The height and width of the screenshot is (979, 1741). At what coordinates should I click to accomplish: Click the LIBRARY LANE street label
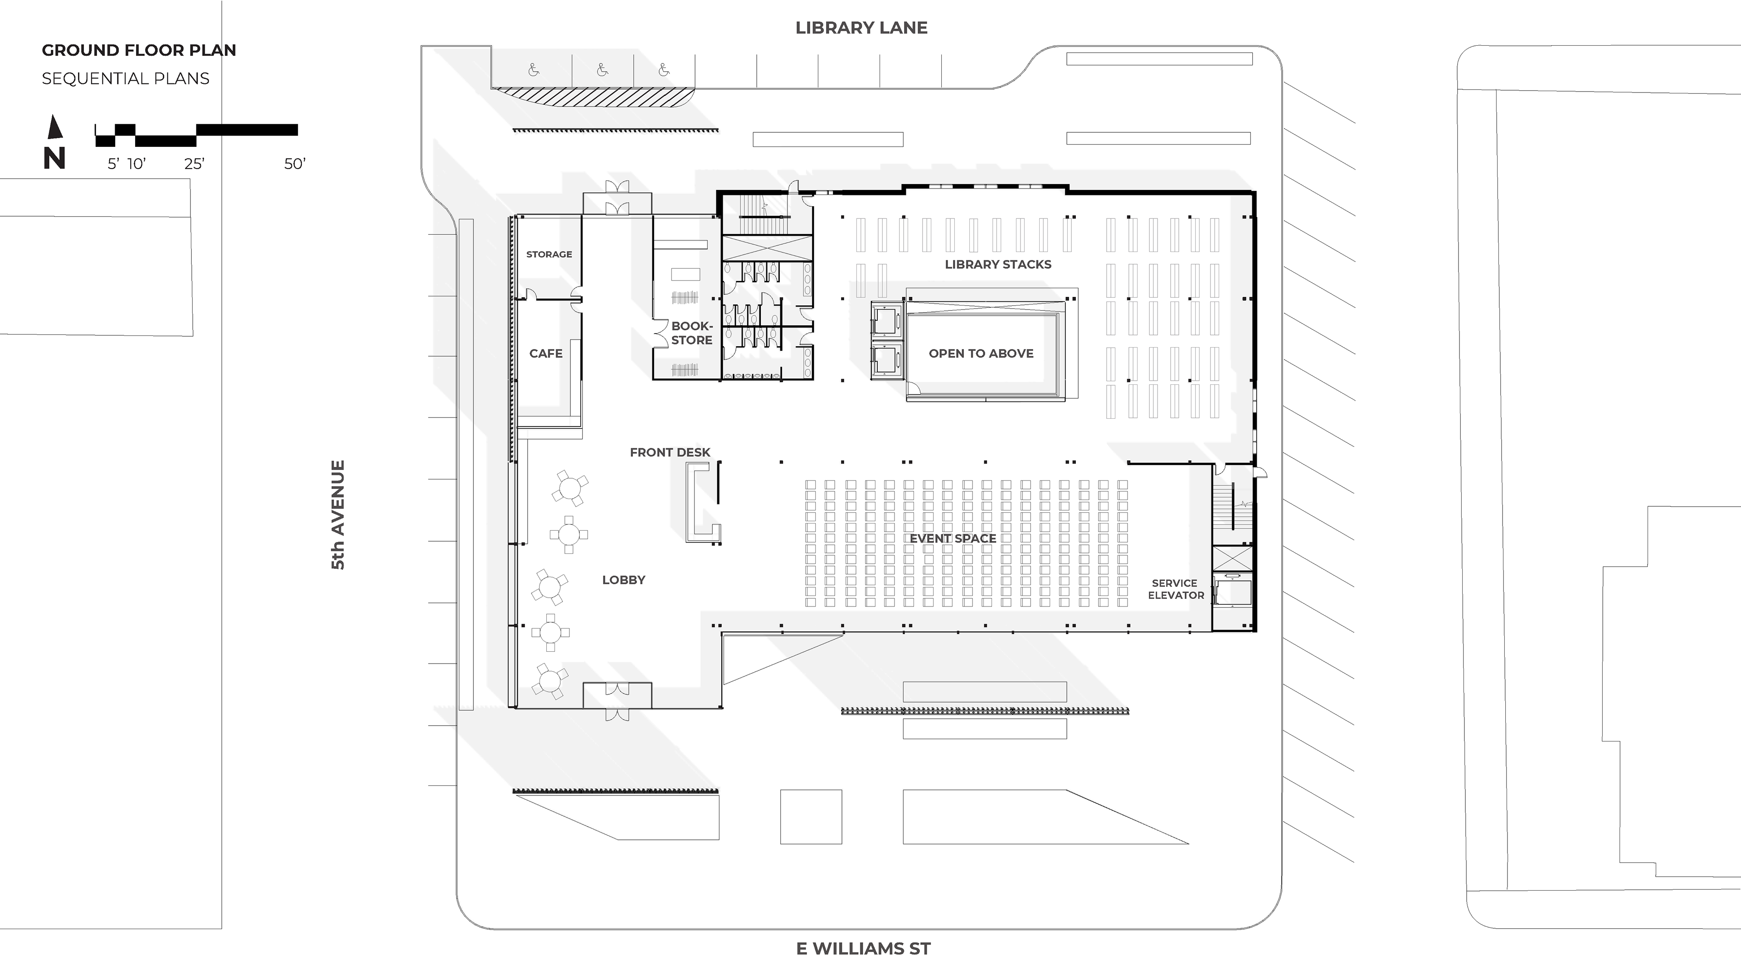pos(861,28)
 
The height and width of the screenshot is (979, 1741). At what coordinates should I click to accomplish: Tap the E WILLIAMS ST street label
pos(863,949)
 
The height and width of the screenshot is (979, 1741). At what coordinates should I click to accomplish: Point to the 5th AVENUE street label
pos(338,515)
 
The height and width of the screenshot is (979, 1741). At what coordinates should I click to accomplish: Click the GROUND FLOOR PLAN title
pos(139,50)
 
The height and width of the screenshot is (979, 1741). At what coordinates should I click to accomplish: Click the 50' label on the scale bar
pos(295,164)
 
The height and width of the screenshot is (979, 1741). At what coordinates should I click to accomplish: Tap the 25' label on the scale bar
pos(194,164)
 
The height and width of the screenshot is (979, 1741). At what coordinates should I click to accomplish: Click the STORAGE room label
pos(549,254)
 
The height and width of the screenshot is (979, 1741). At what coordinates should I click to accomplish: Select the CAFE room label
pos(545,354)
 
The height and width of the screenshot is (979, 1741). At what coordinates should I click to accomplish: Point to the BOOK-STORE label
pos(691,333)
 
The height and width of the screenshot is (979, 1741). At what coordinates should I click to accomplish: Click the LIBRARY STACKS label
pos(997,264)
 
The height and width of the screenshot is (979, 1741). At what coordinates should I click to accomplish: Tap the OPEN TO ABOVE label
pos(981,354)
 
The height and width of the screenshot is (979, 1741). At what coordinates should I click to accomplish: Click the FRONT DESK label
pos(670,452)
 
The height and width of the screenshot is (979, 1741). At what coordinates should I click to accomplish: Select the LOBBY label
pos(623,580)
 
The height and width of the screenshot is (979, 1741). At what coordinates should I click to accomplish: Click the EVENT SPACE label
pos(952,538)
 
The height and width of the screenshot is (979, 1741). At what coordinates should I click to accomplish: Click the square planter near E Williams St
pos(811,816)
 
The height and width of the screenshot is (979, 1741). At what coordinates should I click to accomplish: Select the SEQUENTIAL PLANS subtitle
pos(126,78)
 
